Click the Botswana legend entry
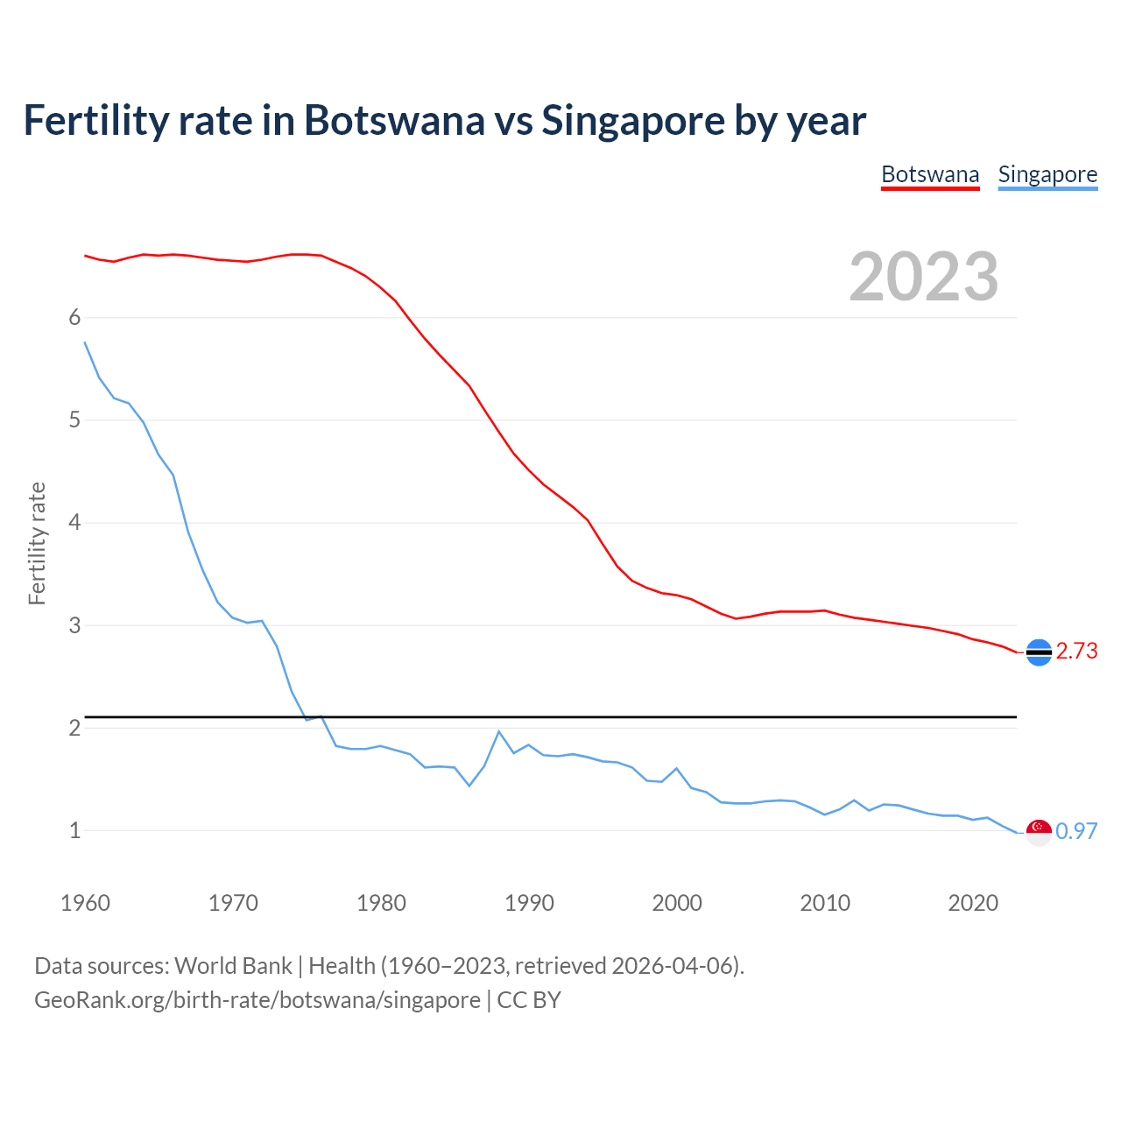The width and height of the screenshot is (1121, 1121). click(x=929, y=174)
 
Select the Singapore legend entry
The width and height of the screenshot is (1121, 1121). click(x=1047, y=174)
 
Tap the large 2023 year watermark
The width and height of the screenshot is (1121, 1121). click(x=923, y=277)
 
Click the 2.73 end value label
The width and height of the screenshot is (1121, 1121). click(x=1076, y=651)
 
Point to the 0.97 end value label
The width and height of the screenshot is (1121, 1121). click(x=1076, y=831)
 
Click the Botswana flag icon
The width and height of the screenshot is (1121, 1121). click(x=1039, y=652)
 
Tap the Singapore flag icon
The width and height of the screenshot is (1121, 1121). click(x=1039, y=832)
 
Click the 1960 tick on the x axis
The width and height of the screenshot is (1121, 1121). click(x=85, y=903)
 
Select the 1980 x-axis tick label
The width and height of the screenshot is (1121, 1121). click(x=381, y=903)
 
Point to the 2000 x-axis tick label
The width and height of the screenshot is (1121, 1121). click(x=677, y=903)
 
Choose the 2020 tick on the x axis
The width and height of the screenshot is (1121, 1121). click(x=973, y=903)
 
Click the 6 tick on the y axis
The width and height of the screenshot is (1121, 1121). click(x=74, y=318)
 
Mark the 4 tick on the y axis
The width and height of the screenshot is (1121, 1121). click(x=74, y=523)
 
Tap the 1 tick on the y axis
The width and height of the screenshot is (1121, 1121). click(x=74, y=830)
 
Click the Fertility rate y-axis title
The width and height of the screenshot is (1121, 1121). click(x=37, y=543)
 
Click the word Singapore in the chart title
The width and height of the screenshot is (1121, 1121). click(x=633, y=120)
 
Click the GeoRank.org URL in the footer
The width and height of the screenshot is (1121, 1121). click(x=257, y=1000)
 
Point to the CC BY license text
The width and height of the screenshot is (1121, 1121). click(x=529, y=1000)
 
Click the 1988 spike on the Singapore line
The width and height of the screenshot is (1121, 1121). click(x=499, y=731)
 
